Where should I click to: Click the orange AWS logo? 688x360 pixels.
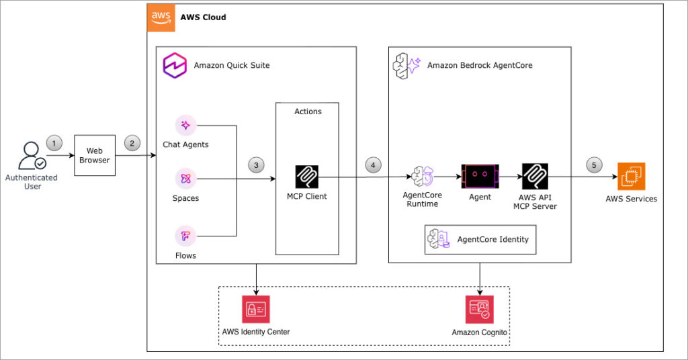click(161, 18)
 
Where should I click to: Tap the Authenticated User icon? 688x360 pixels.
click(32, 156)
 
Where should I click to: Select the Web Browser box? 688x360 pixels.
click(95, 155)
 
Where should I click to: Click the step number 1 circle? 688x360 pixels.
click(54, 143)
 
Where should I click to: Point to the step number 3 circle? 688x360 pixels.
click(256, 165)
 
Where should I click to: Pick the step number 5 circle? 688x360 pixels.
click(594, 165)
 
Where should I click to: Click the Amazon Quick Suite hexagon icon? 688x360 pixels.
click(175, 65)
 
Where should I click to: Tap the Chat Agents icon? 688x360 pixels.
click(185, 126)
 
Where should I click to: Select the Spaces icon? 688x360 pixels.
click(185, 179)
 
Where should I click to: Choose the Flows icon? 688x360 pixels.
click(185, 236)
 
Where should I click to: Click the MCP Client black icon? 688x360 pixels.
click(306, 177)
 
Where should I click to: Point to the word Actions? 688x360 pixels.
click(308, 111)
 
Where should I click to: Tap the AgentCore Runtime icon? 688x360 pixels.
click(423, 176)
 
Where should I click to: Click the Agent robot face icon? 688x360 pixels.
click(480, 176)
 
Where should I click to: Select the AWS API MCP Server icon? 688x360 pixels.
click(535, 176)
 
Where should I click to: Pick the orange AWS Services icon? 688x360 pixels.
click(632, 176)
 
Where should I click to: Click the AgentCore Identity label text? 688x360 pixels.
click(492, 239)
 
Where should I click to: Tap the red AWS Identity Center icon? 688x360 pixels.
click(256, 309)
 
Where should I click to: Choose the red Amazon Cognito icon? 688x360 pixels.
click(480, 309)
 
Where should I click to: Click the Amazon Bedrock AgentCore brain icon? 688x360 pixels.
click(406, 66)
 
